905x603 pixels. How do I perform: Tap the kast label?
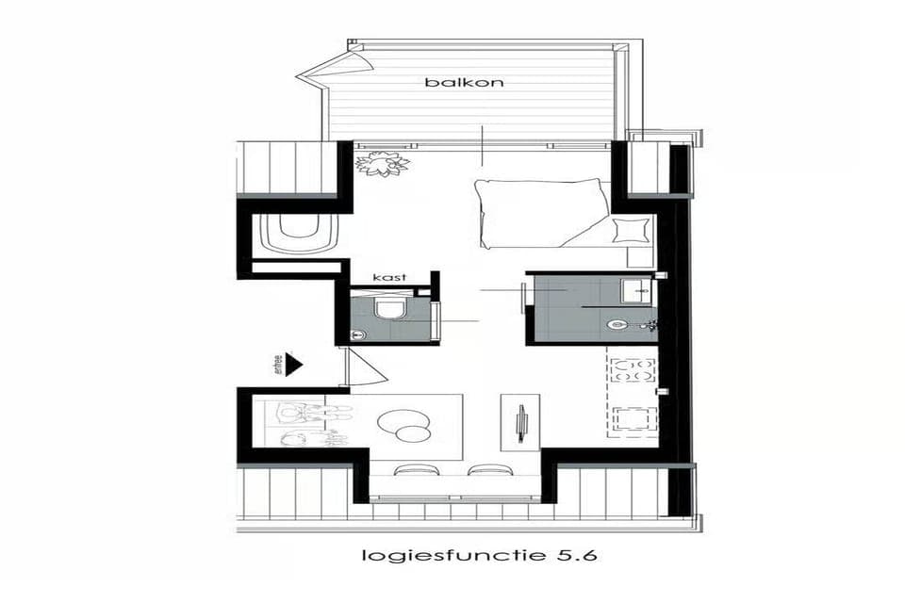[389, 277]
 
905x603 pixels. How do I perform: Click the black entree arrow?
[293, 364]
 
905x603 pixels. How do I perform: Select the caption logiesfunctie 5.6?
[479, 555]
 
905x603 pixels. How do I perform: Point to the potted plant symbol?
[383, 165]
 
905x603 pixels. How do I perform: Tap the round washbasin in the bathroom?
[618, 325]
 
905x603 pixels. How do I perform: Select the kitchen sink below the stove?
[633, 418]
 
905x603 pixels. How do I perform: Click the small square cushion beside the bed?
[630, 230]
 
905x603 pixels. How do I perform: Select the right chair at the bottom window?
[487, 469]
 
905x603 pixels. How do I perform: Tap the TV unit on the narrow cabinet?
[521, 423]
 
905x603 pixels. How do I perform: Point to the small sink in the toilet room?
[357, 333]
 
